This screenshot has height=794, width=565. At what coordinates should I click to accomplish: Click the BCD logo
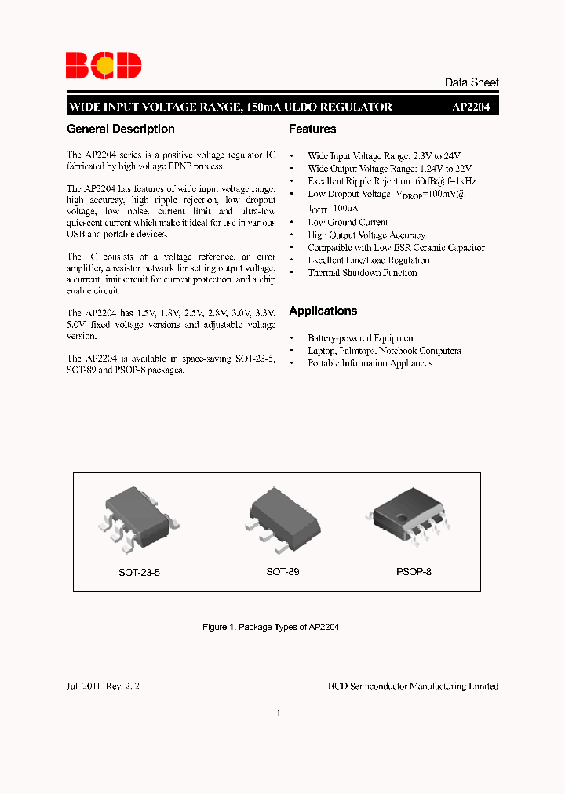tap(104, 65)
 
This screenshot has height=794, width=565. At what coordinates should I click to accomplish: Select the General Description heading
tap(121, 129)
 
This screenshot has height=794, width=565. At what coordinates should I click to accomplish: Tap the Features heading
tap(312, 129)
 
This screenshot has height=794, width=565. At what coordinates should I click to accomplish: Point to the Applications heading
tap(323, 311)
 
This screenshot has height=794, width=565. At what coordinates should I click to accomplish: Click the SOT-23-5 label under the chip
tap(140, 573)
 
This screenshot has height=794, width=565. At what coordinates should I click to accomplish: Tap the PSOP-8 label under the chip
tap(414, 572)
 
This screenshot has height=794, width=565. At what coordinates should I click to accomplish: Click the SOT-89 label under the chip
tap(282, 572)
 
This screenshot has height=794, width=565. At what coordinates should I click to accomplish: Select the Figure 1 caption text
tap(271, 628)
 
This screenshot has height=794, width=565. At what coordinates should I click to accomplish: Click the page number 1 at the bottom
tap(279, 713)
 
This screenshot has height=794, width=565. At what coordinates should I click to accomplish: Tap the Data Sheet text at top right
tap(471, 82)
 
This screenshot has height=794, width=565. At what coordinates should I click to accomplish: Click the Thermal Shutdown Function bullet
tap(362, 273)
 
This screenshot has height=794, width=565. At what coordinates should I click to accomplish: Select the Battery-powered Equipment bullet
tap(361, 337)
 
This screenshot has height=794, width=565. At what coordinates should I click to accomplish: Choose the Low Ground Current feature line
tap(347, 222)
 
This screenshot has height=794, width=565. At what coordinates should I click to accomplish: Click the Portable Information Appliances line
tap(370, 363)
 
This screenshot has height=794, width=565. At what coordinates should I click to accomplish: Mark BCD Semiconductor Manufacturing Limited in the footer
tap(413, 686)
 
